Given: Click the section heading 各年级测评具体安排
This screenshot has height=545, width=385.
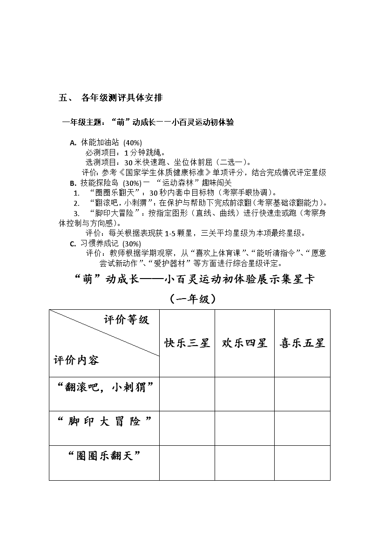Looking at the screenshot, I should (x=122, y=98).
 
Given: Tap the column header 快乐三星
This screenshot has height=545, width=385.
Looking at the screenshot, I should (x=187, y=343).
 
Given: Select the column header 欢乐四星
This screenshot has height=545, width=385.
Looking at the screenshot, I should (x=244, y=343).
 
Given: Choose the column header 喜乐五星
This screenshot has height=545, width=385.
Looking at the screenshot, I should (x=302, y=343).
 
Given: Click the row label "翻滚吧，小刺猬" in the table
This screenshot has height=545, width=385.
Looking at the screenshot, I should (x=104, y=387).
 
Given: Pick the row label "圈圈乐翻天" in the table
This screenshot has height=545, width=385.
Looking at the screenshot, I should (x=104, y=456).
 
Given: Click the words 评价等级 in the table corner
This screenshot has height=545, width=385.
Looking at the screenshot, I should (x=126, y=320).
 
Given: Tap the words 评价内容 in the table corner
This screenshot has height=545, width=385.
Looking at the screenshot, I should (x=76, y=360).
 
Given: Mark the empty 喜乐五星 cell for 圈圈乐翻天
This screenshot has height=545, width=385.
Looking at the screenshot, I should (x=302, y=463).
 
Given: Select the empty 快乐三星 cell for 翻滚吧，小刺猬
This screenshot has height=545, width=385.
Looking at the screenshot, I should (x=187, y=394).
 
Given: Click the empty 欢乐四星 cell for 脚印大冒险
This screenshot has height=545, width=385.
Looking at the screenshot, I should (x=244, y=428).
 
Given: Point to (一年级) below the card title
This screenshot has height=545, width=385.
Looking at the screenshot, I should (x=193, y=299).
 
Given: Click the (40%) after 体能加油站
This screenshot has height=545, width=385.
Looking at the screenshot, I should (x=133, y=143).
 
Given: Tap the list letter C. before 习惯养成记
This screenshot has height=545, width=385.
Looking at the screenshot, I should (x=73, y=244).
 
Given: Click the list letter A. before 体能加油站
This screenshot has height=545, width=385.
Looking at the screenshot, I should (x=73, y=143).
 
